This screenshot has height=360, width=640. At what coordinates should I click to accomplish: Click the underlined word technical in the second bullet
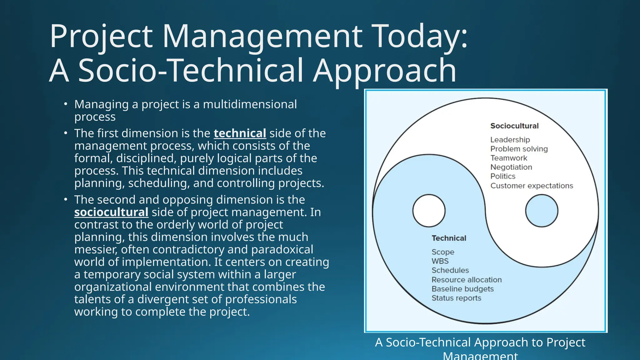pos(240,133)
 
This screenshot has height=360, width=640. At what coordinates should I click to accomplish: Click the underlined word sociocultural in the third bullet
pos(111,212)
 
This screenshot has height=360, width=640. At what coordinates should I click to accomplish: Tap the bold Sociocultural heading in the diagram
pos(514,126)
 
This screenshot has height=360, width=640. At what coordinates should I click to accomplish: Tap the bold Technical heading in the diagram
pos(449,238)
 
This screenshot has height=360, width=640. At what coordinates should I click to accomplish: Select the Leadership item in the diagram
pos(510,140)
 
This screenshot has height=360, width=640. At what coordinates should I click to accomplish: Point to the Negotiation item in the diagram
pos(511,167)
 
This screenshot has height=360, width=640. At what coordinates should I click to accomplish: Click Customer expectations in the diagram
pos(532,186)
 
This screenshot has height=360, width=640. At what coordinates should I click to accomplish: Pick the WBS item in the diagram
pos(440,261)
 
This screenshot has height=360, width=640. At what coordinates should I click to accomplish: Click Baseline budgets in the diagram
pos(462,289)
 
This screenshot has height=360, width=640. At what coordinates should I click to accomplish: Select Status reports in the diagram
pos(456,298)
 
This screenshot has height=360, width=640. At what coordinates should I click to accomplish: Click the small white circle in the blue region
pos(429,211)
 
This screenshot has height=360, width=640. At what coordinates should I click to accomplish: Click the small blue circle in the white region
pos(542,211)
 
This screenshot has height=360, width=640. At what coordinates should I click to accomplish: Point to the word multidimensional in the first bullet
pos(250,104)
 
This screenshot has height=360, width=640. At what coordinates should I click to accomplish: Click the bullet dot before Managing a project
pos(65,104)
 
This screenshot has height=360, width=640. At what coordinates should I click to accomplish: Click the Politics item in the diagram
pos(502,176)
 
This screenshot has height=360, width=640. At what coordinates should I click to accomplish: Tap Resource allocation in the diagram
pos(467,280)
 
